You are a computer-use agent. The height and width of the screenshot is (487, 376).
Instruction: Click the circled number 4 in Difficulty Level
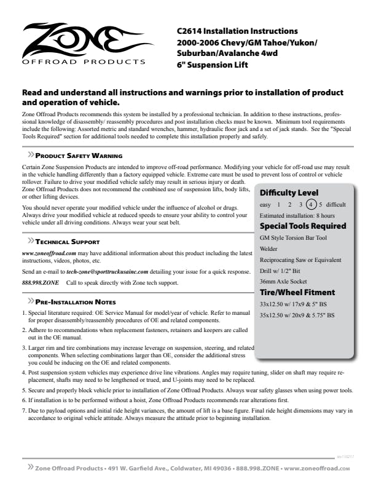point(311,204)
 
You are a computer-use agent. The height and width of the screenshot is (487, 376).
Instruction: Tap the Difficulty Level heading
point(289,192)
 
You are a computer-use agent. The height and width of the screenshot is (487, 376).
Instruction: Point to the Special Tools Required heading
point(302,226)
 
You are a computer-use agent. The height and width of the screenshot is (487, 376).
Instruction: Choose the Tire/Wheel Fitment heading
point(297,292)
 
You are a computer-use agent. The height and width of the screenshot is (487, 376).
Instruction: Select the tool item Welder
point(269,248)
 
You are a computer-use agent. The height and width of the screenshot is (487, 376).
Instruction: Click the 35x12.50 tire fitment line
point(297,315)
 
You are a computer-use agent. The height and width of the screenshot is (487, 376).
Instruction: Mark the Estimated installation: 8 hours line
point(297,216)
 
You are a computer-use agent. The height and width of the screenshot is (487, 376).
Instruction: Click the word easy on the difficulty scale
point(265,204)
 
